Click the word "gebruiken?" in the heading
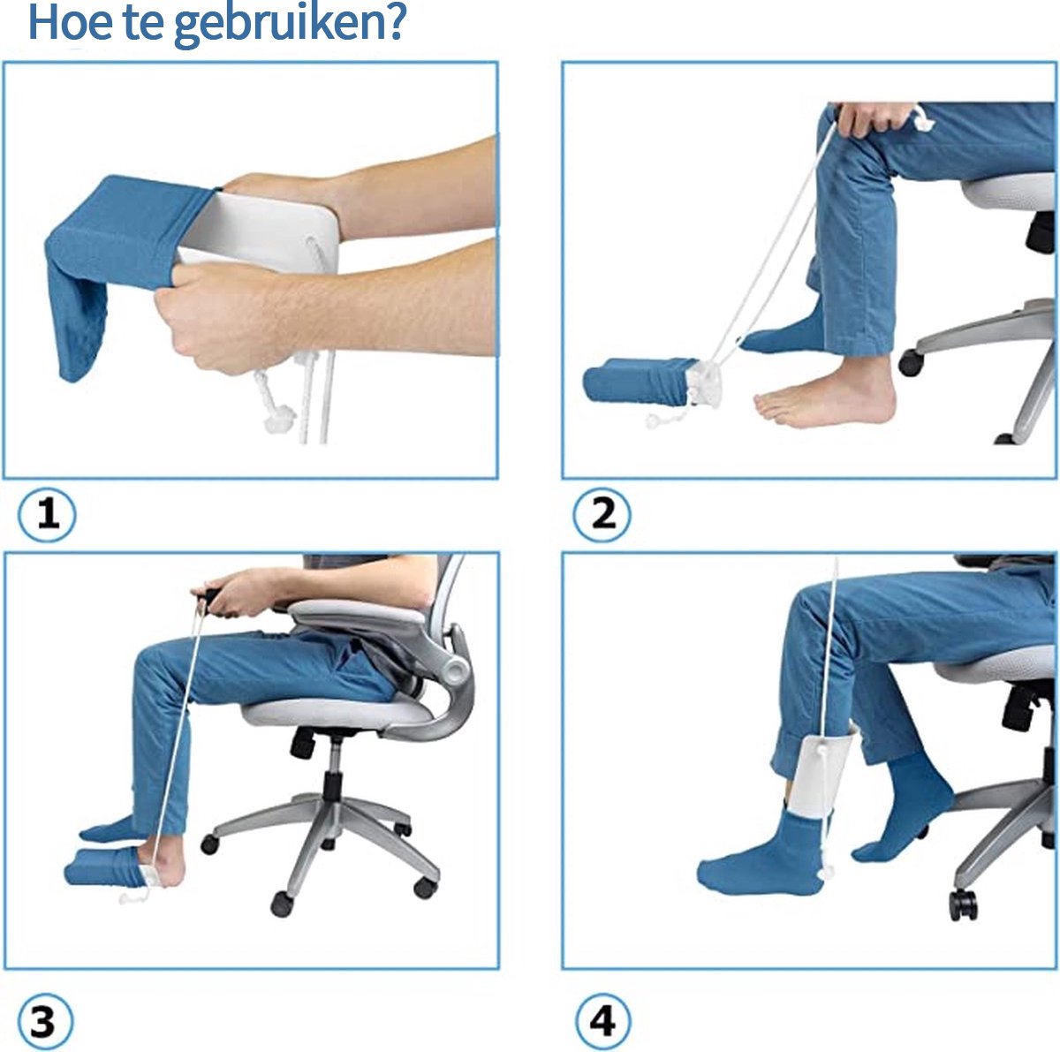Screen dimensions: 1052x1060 pos(289,23)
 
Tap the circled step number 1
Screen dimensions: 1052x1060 pos(48,514)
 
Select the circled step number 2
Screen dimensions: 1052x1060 pos(602,514)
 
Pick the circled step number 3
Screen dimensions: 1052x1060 pos(44,1022)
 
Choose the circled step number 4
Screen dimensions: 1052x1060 pos(602,1022)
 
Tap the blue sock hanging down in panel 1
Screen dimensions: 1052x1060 pos(79,318)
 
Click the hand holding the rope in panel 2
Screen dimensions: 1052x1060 pos(870,119)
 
